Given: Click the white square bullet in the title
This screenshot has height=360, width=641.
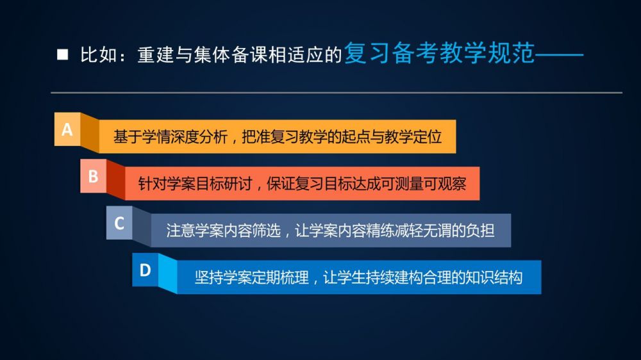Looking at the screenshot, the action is pos(63,54).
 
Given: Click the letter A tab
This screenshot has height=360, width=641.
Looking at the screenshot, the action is pos(67,129).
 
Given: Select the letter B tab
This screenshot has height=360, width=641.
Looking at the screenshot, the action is pos(93,176).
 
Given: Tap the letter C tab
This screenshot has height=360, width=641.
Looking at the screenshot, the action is pos(119,223).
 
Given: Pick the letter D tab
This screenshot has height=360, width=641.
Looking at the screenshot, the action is pos(145,270).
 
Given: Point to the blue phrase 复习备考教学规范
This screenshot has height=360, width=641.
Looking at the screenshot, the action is pos(440,53).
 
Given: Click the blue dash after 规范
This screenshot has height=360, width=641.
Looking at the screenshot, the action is pos(559,54).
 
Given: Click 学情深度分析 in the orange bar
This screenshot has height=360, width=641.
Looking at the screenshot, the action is pos(185,137).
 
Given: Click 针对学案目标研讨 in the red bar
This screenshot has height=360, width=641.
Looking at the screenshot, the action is pos(195,184).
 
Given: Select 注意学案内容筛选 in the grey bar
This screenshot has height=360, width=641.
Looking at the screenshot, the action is pos(223,231).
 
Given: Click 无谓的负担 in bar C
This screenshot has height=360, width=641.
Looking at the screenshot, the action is pos(459,231).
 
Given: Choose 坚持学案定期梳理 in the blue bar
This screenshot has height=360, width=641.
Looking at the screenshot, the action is pos(251,278).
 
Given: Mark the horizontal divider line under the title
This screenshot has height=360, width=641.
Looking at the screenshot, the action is pos(337,93).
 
